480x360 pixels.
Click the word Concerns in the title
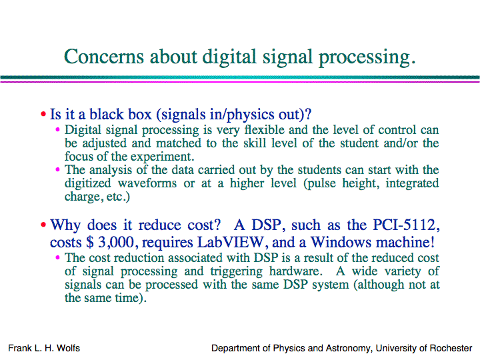[104, 57]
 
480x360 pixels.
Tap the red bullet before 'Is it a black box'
[43, 114]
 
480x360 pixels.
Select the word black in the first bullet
[107, 114]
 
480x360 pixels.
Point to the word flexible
[265, 130]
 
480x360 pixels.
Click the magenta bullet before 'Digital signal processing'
[57, 129]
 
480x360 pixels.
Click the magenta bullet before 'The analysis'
[57, 169]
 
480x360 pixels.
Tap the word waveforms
[147, 183]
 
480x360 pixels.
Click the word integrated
[412, 184]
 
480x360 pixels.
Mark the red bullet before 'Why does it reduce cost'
[43, 225]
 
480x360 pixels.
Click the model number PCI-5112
[406, 225]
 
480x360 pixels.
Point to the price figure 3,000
[116, 243]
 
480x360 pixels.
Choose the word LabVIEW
[230, 243]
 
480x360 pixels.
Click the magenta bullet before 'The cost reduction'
[57, 257]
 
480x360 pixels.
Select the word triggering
[236, 271]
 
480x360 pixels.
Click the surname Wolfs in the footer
[68, 348]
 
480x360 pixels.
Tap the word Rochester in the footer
[451, 348]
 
